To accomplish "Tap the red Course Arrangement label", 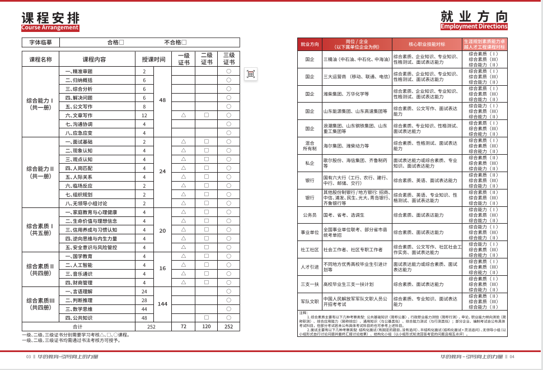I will [50, 28].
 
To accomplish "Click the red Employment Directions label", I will [474, 26].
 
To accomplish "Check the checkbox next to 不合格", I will [184, 42].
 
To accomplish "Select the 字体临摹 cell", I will [40, 42].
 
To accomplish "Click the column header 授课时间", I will [153, 59].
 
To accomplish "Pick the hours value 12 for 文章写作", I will [144, 115].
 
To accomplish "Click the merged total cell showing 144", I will [162, 304].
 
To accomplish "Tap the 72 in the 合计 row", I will [183, 326].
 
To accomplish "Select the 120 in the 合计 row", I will [206, 326].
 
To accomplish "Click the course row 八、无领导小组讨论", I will [87, 203].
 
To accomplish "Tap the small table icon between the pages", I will [251, 74].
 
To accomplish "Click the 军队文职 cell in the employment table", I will [310, 301].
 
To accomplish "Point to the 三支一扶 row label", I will [310, 284].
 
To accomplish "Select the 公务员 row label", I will [310, 215].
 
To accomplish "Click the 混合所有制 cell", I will [310, 146].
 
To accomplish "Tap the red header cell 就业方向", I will [310, 44].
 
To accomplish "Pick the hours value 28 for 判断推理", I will [144, 300].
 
